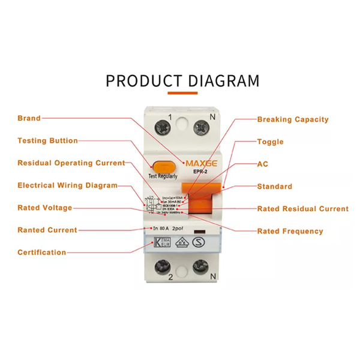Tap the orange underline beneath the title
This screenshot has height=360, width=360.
pos(182,94)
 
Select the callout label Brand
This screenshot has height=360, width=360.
pos(29,118)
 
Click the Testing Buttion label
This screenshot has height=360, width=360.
pos(48,140)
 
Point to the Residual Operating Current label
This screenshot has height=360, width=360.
pos(71,163)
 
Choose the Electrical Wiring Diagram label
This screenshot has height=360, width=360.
pos(67,185)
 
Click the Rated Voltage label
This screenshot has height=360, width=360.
pos(45,208)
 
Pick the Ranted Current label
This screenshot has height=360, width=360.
pos(47,230)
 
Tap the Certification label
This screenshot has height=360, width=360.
pos(42,252)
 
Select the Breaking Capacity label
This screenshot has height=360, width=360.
pos(293,119)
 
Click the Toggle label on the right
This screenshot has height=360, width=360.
pos(270,142)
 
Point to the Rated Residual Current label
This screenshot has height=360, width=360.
pos(302,209)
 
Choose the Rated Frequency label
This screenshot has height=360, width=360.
pos(290,231)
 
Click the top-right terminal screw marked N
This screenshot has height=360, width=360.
pos(201,127)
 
